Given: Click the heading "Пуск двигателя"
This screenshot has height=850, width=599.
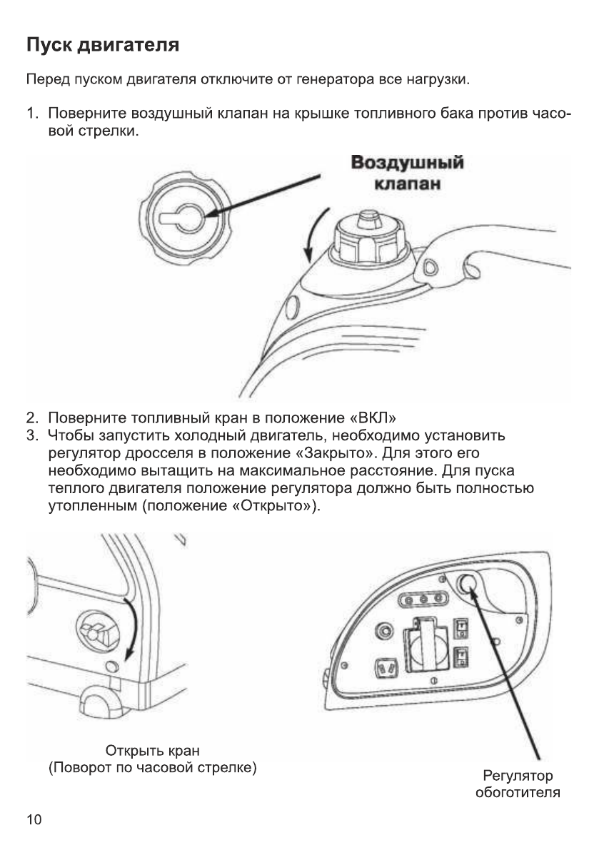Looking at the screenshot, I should (102, 46).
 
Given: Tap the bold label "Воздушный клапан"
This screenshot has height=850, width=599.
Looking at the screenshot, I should (408, 173).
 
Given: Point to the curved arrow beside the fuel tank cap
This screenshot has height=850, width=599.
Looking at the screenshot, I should (312, 233).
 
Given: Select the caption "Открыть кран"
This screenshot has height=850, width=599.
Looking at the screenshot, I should (153, 751).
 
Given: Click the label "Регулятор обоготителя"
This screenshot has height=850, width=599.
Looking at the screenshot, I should (518, 784).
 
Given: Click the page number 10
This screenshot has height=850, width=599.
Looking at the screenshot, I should (34, 819).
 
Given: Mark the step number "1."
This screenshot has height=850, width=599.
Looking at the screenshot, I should (32, 114).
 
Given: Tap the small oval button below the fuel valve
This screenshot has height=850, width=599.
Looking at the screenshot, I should (111, 667).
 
